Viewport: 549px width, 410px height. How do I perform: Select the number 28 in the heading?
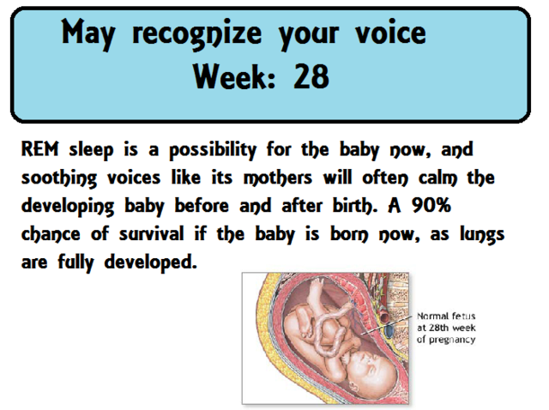[311, 78]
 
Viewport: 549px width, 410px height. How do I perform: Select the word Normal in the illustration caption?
[433, 316]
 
